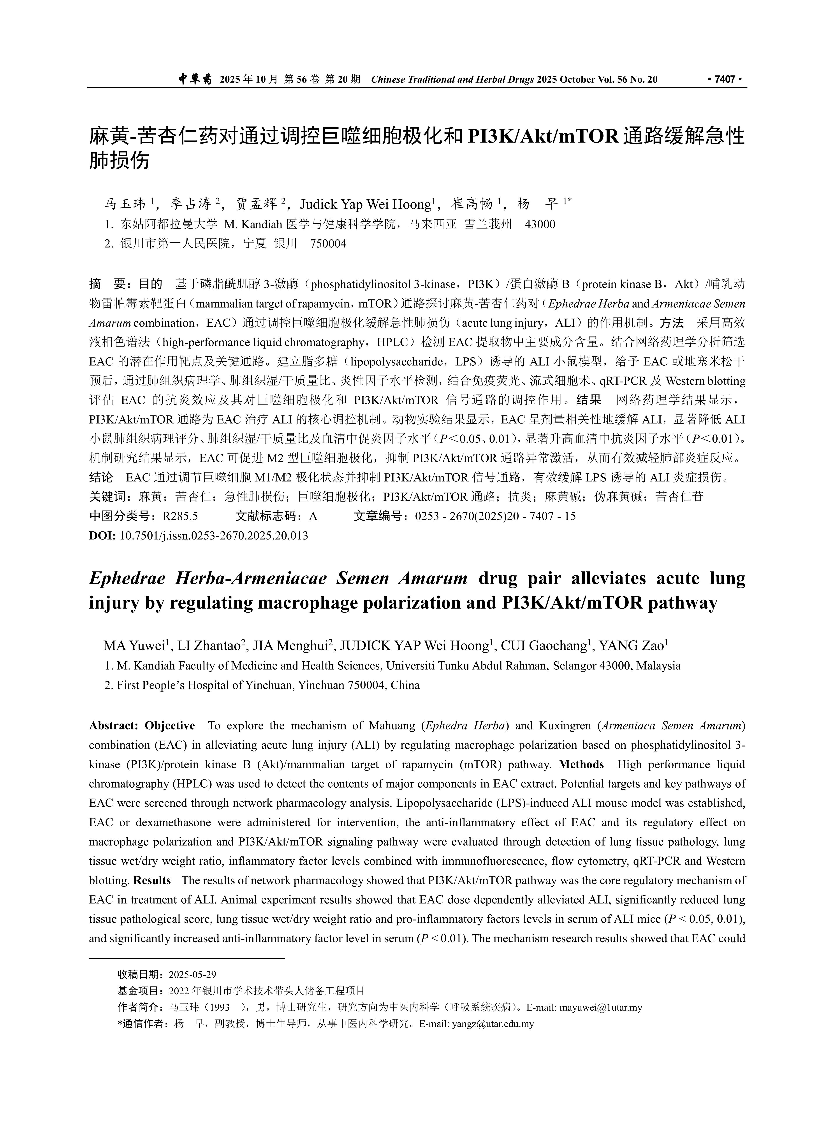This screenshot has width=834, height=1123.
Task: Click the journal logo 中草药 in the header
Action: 195,79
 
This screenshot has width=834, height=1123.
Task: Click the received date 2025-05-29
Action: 192,975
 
